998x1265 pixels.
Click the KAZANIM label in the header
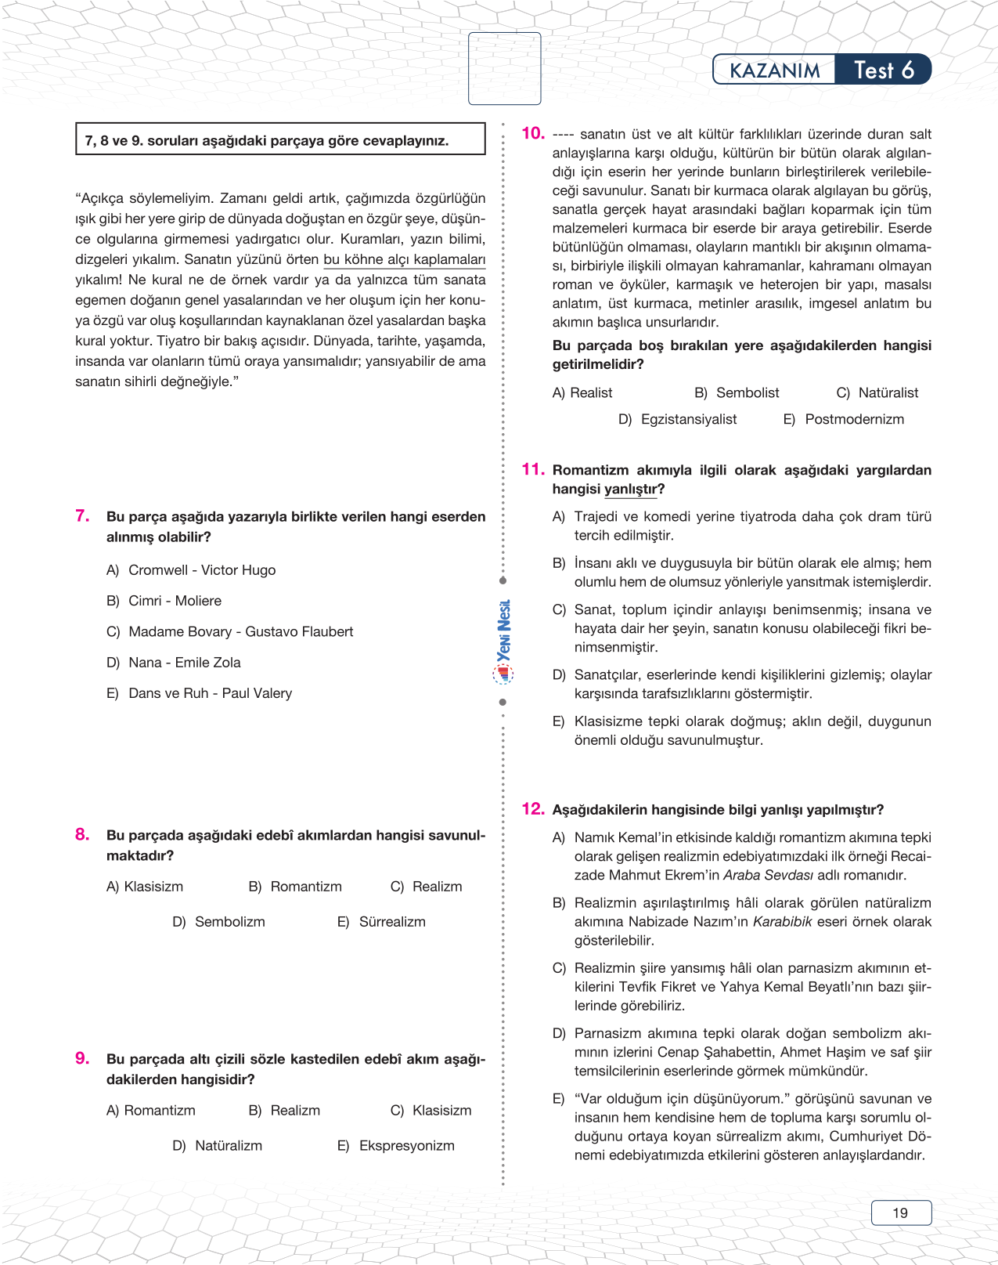(774, 70)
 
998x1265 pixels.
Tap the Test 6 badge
(883, 70)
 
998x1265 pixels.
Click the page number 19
(901, 1213)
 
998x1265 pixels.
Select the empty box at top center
(505, 68)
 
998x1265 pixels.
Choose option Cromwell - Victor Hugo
(201, 570)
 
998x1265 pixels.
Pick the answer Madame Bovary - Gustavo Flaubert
(240, 632)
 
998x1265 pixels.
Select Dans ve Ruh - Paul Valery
(210, 693)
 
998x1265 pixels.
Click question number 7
(82, 515)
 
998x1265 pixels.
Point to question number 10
(532, 133)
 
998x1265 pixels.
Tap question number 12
(532, 808)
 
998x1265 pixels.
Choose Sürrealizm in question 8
(391, 922)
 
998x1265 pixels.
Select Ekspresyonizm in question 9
(406, 1146)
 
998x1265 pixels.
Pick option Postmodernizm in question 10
(854, 420)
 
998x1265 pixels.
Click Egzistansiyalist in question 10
(688, 420)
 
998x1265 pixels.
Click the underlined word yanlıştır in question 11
(631, 490)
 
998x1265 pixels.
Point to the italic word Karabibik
(782, 922)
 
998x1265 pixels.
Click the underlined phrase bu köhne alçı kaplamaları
(404, 260)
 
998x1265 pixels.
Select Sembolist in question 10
(748, 393)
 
